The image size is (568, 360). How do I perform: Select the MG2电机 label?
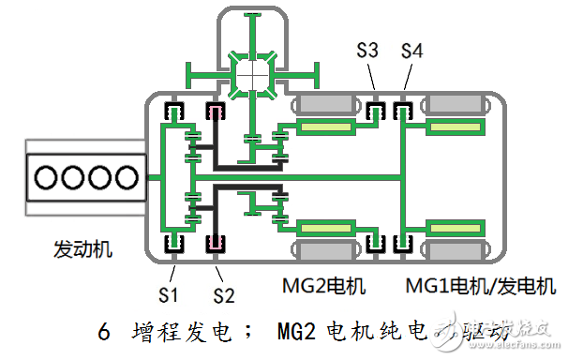coord(322,284)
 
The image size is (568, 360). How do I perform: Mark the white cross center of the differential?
coord(253,71)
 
